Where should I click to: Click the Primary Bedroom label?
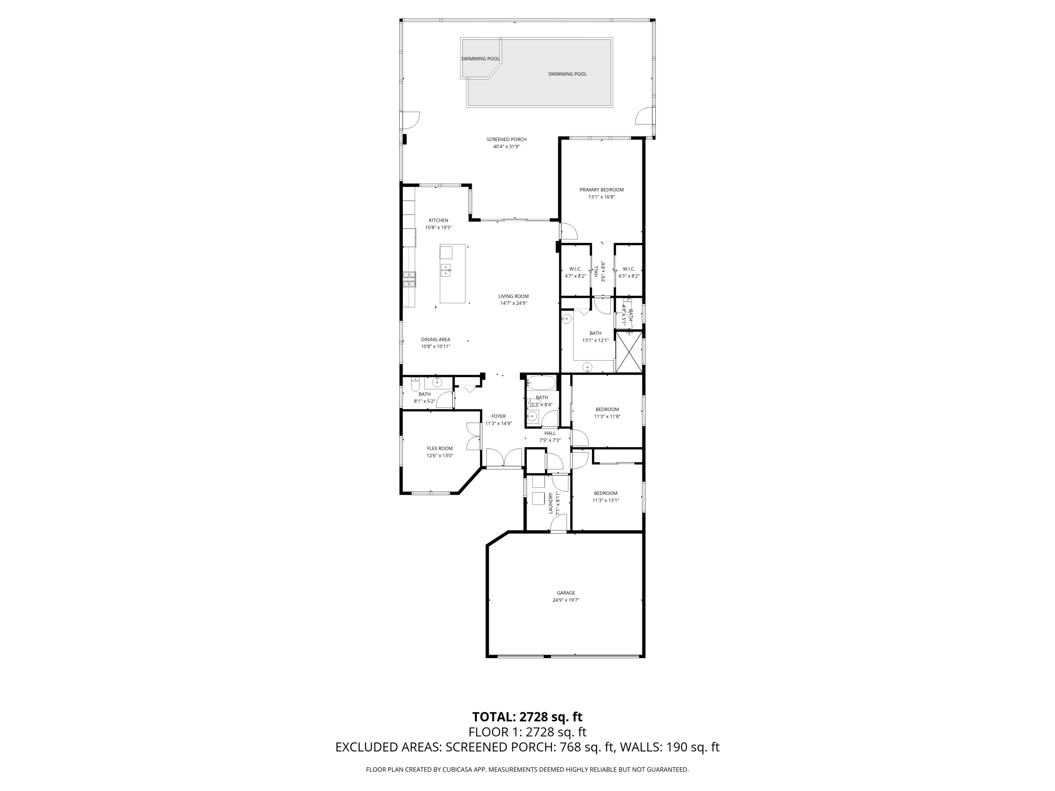pyautogui.click(x=601, y=190)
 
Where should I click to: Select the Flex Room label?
pyautogui.click(x=440, y=448)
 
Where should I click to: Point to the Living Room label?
pyautogui.click(x=514, y=296)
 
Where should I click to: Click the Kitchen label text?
pyautogui.click(x=438, y=220)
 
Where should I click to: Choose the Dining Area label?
pyautogui.click(x=435, y=340)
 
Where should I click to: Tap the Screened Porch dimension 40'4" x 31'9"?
pyautogui.click(x=506, y=147)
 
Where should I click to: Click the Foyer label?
pyautogui.click(x=498, y=416)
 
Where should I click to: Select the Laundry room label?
pyautogui.click(x=551, y=503)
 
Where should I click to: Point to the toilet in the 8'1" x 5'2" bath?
pyautogui.click(x=415, y=384)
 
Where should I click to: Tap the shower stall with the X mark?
pyautogui.click(x=629, y=352)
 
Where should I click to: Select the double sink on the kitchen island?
pyautogui.click(x=111, y=270)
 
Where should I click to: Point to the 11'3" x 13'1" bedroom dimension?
pyautogui.click(x=606, y=500)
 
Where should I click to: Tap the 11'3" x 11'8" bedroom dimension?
pyautogui.click(x=607, y=416)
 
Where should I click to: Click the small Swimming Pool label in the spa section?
pyautogui.click(x=480, y=59)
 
